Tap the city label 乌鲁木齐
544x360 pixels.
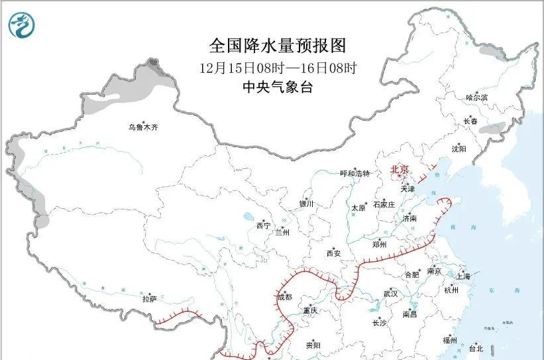[144, 127]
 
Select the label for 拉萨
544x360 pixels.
[149, 299]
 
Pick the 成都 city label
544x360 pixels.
[284, 297]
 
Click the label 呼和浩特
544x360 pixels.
[354, 174]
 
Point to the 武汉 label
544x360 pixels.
[390, 294]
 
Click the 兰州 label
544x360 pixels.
[282, 233]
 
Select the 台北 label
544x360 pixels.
[476, 348]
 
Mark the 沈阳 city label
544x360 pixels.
[459, 149]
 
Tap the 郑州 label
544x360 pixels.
[380, 244]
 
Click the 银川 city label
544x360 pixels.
[306, 204]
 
